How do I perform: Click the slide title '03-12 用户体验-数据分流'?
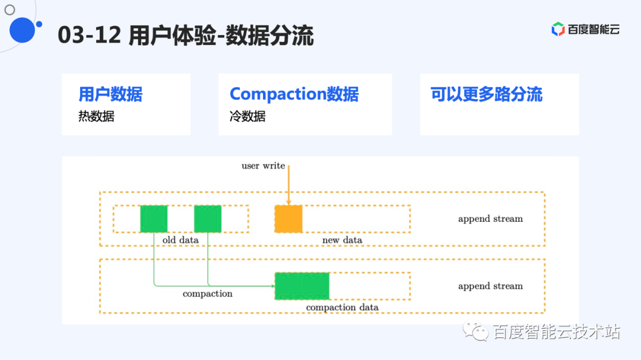[x=186, y=36]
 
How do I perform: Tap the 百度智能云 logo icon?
[x=558, y=29]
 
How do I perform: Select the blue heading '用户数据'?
[x=110, y=94]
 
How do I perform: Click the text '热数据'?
[x=96, y=116]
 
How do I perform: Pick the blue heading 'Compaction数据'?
[x=294, y=94]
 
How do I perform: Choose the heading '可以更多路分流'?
[x=486, y=94]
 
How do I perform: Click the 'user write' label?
[x=263, y=166]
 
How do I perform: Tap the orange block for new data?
[x=288, y=219]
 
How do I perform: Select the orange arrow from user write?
[x=288, y=184]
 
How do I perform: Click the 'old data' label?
[x=180, y=240]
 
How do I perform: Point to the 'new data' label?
[x=342, y=240]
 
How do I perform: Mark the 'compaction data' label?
[x=342, y=308]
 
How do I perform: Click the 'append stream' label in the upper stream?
[x=490, y=219]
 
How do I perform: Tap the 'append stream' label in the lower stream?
[x=490, y=286]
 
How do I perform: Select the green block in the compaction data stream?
[x=302, y=286]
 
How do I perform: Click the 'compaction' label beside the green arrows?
[x=208, y=294]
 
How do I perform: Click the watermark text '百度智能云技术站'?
[x=557, y=332]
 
